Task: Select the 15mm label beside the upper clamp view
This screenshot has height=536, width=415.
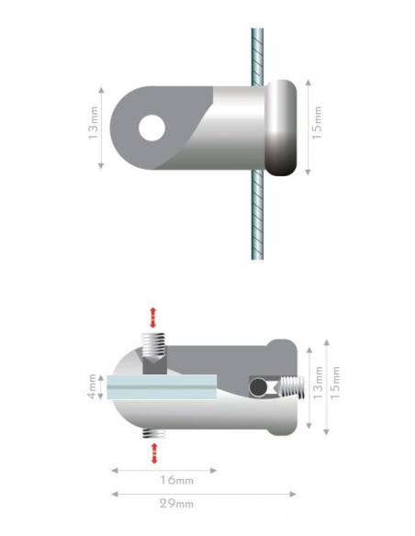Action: (318, 128)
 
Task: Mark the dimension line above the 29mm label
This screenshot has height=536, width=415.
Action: (203, 493)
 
